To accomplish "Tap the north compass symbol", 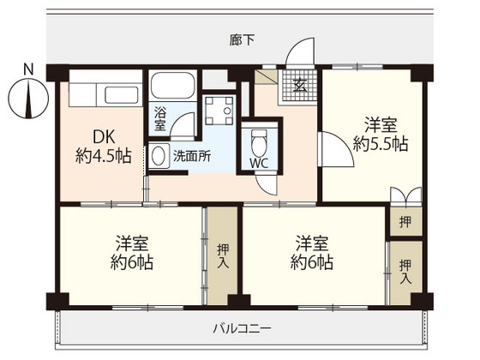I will [29, 97].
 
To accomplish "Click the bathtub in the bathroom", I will [173, 88].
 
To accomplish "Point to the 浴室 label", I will [160, 118].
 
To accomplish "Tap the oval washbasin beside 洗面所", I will [159, 157].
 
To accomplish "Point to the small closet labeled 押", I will [405, 222].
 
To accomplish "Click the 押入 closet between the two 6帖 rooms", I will [222, 255].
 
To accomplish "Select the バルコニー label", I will [242, 328].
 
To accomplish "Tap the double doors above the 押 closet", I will [404, 195].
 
